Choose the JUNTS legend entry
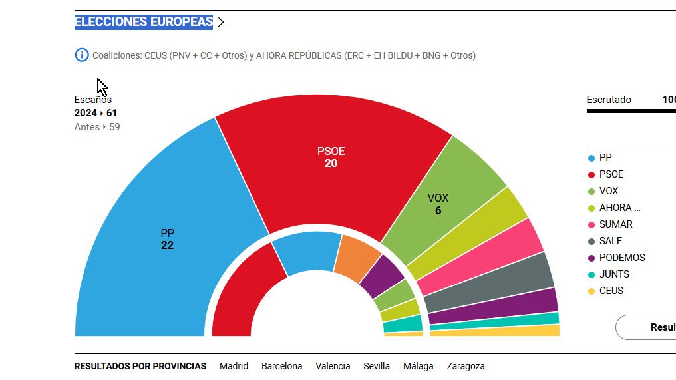613,274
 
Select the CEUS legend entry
611,291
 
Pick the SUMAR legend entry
615,224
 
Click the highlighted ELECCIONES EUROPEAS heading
144,22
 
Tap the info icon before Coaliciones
82,55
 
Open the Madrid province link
234,366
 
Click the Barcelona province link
281,366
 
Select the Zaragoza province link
466,366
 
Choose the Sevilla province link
377,366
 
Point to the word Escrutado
609,100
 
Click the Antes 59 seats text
97,127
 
